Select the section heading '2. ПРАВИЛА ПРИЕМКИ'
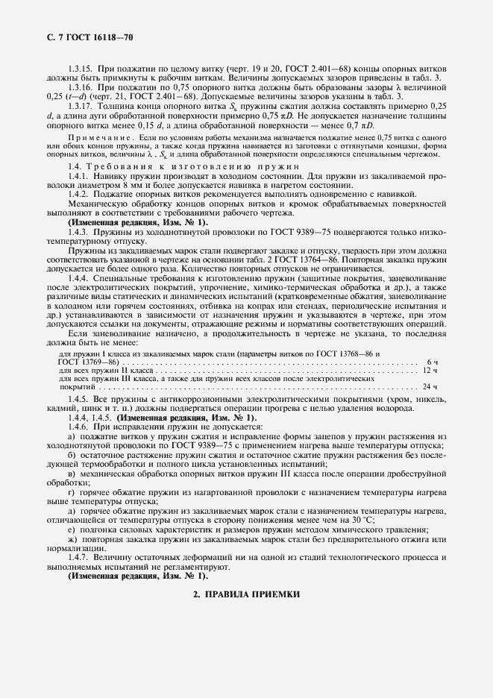tap(245, 594)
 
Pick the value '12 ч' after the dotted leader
tap(430, 370)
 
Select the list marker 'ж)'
tap(72, 538)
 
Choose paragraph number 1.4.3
tap(79, 233)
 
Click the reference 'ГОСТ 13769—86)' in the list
tap(87, 361)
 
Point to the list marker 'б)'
tap(71, 456)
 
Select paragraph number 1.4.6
tap(79, 427)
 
